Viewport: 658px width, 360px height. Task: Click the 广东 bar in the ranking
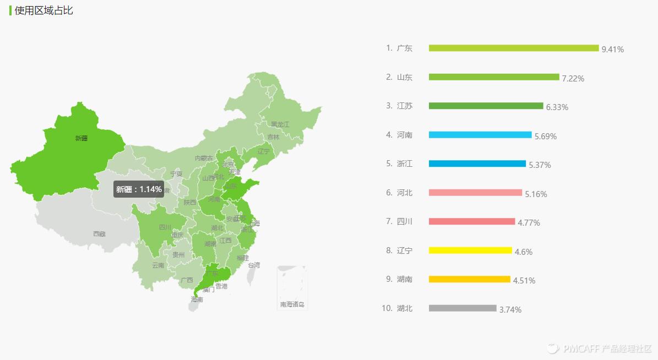pos(513,48)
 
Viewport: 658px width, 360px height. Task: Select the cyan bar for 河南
pos(480,135)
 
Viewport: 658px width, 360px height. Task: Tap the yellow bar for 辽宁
pos(470,250)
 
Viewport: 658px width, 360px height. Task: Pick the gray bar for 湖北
pos(463,308)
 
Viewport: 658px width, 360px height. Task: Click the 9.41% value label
pos(613,50)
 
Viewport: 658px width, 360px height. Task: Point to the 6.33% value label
pos(557,107)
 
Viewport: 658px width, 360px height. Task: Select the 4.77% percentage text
pos(529,223)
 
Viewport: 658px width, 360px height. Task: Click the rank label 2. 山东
pos(399,77)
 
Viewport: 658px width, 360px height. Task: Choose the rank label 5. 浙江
pos(399,163)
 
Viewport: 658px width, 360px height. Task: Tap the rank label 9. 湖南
pos(399,279)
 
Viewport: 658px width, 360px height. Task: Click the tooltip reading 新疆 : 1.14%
pos(139,189)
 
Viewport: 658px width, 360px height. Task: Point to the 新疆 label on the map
pos(81,138)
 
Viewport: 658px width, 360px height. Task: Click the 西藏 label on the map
pos(99,234)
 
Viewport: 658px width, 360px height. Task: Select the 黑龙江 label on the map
pos(280,125)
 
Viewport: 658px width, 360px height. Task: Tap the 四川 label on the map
pos(165,227)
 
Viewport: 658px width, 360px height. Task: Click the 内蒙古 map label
pos(204,159)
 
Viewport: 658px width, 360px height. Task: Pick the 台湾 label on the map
pos(253,265)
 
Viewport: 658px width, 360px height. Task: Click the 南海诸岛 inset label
pos(292,304)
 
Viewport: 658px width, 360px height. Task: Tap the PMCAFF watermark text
pos(606,348)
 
